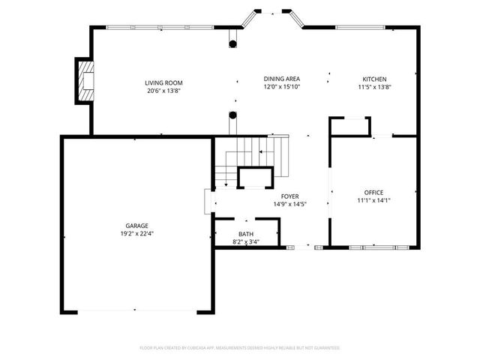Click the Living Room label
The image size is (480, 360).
(x=163, y=82)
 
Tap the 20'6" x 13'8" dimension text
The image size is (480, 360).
(x=163, y=90)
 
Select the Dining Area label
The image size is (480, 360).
(x=281, y=79)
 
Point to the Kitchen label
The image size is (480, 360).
(x=374, y=79)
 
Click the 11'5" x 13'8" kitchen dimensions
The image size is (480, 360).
(x=374, y=87)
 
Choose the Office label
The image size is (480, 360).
(x=373, y=192)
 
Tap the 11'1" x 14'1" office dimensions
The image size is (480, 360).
(x=373, y=200)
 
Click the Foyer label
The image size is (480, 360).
(x=290, y=196)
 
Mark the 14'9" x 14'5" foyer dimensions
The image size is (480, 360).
(x=290, y=204)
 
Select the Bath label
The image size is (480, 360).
(x=246, y=234)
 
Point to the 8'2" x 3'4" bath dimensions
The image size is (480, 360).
(x=246, y=241)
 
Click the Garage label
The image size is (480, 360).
(x=136, y=225)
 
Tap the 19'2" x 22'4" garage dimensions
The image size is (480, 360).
(x=136, y=233)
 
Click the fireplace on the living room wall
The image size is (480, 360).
(x=84, y=81)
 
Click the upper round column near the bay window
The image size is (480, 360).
(x=233, y=42)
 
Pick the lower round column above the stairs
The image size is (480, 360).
(x=233, y=115)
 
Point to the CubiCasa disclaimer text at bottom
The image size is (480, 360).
(x=240, y=348)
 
